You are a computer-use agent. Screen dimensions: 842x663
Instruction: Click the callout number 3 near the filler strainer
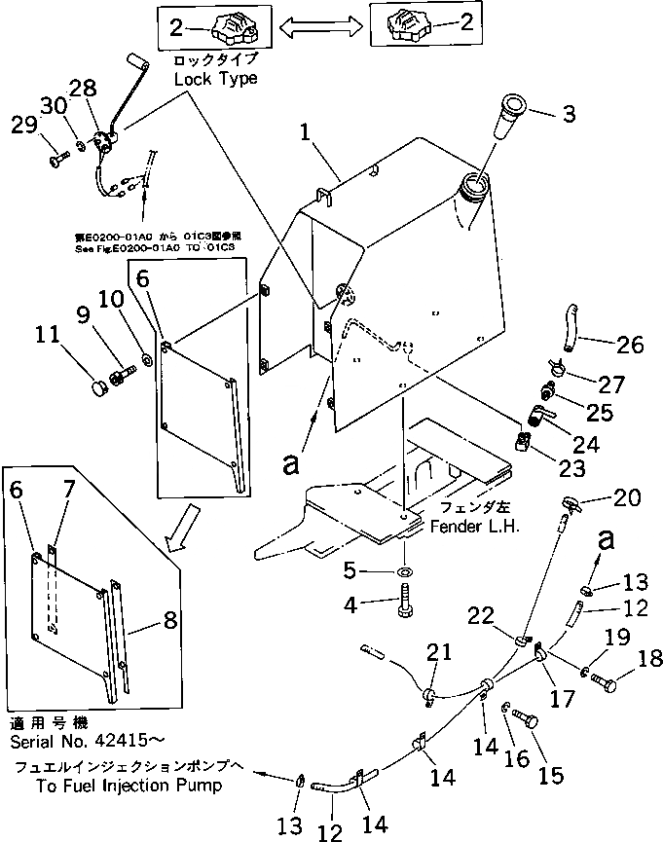click(569, 114)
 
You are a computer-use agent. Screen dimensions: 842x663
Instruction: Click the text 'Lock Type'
click(215, 78)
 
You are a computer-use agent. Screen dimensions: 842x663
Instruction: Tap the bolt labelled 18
click(603, 684)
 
